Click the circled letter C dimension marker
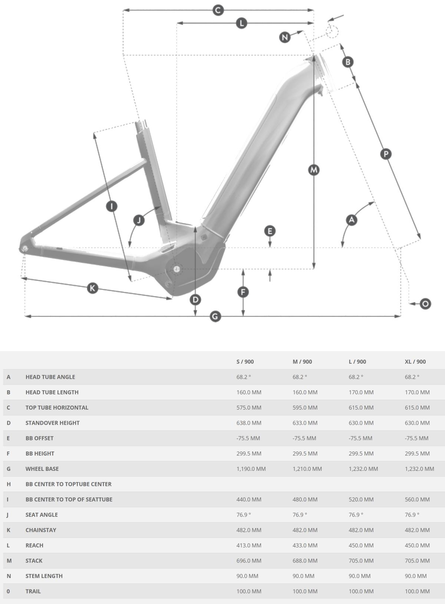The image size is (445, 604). pos(218,10)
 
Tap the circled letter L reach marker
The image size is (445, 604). pos(241,23)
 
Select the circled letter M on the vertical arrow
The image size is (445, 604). pos(314,170)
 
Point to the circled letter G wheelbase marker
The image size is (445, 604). pos(215,316)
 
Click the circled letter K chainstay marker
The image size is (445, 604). pos(92,288)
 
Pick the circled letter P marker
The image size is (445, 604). pos(386,154)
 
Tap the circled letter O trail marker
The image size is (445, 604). pos(425,304)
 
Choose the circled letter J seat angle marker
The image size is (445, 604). pos(139,220)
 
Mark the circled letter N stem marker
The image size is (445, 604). pos(285,37)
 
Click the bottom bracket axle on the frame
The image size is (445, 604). pos(177,269)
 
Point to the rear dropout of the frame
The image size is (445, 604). pos(25,248)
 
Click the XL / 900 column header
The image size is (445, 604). pos(415,362)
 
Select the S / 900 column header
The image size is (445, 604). pos(245,362)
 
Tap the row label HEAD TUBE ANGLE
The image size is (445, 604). pos(50,377)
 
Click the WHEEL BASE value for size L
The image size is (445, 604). pos(363,469)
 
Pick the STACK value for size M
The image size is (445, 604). pos(305,561)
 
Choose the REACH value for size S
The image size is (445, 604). pos(249,545)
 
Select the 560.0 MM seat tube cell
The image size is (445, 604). pos(417,499)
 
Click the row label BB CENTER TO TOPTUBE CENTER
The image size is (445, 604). pos(69,484)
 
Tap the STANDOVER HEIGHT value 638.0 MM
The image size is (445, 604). pos(249,423)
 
